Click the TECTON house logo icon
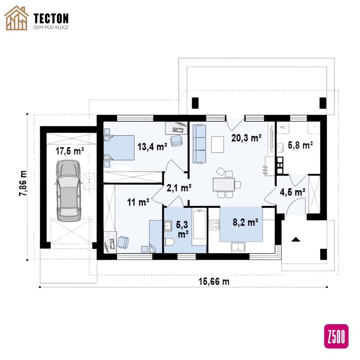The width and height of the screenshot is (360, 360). (x=17, y=18)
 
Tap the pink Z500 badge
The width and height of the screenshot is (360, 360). (x=336, y=336)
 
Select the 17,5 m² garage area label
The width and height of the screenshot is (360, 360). (x=70, y=151)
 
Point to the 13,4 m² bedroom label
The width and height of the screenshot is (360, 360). (x=152, y=147)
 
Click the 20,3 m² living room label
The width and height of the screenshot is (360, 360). (x=246, y=138)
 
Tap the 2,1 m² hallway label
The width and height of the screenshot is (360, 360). (x=179, y=188)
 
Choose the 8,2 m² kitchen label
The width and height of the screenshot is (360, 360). (x=245, y=222)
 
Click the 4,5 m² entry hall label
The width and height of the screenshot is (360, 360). (x=292, y=192)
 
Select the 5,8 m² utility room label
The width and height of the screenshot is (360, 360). (x=300, y=145)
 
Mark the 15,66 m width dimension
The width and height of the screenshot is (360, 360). (x=214, y=282)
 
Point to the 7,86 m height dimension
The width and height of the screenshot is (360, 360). (x=23, y=183)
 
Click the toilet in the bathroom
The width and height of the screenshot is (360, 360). (x=169, y=242)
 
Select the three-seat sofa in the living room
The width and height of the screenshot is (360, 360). (x=199, y=144)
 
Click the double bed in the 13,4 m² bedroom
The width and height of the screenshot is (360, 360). (x=119, y=148)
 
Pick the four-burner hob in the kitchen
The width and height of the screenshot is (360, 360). (x=214, y=225)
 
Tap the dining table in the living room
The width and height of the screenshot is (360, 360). (x=224, y=185)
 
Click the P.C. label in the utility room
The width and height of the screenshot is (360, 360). (x=283, y=128)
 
